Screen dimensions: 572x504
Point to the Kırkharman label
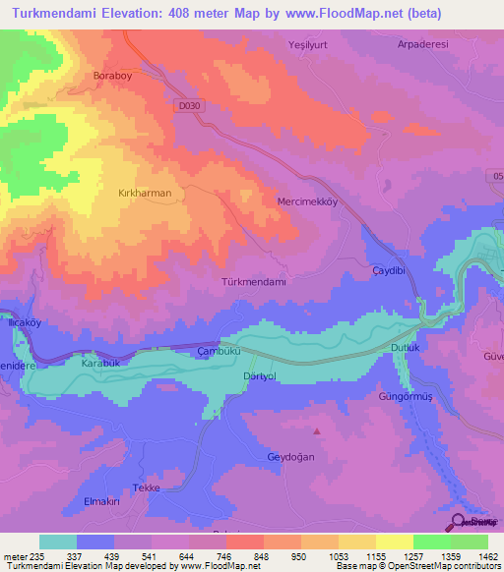(x=144, y=194)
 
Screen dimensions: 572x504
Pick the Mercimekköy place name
(x=307, y=200)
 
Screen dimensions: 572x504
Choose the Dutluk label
(x=406, y=348)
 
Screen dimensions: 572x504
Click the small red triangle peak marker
(x=316, y=430)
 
